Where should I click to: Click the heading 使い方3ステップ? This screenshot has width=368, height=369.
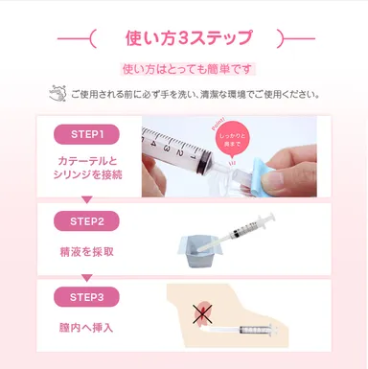[x=189, y=39]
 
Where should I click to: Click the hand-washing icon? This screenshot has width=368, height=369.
[x=57, y=94]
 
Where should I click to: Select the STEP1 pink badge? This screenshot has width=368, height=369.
[x=87, y=132]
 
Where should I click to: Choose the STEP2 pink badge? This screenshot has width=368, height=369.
[x=87, y=220]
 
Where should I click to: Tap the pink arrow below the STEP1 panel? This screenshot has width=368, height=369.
[x=86, y=199]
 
